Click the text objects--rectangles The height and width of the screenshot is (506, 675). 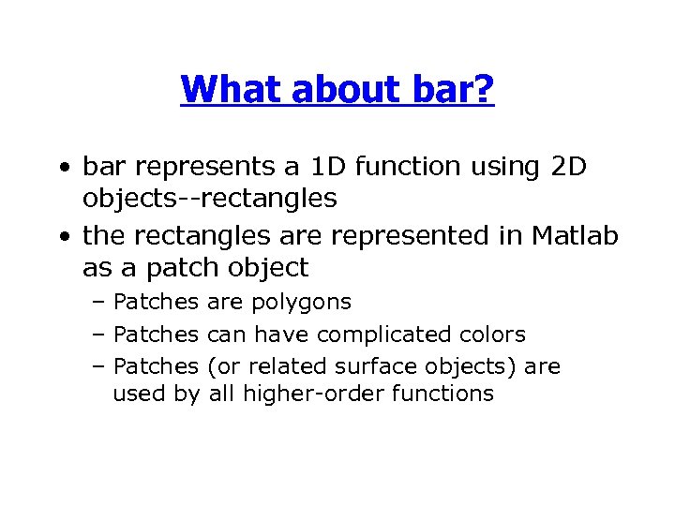click(x=209, y=198)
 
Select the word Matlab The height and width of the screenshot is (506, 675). click(x=575, y=236)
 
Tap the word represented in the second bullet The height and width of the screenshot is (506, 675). click(x=392, y=236)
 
